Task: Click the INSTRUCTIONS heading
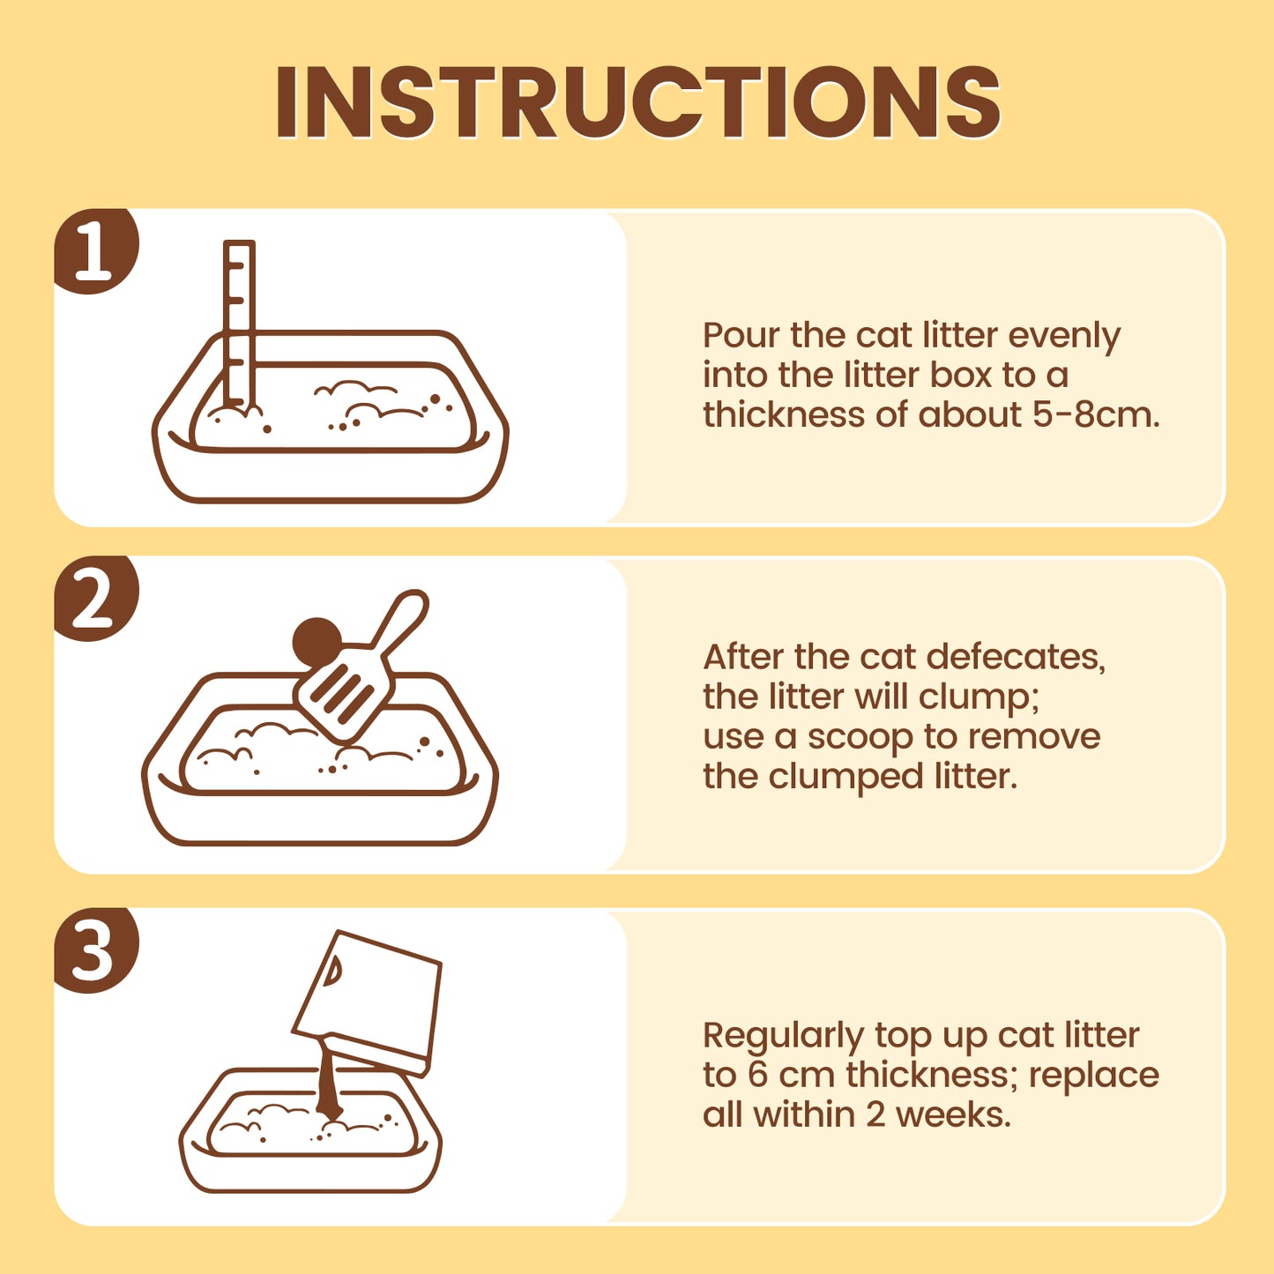(x=637, y=101)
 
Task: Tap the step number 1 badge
(x=95, y=250)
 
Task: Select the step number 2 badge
(x=95, y=599)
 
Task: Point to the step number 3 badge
(x=95, y=950)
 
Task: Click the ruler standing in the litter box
(x=239, y=324)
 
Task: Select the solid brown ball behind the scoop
(x=317, y=641)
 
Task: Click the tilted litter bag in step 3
(x=368, y=1002)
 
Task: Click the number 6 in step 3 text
(x=757, y=1076)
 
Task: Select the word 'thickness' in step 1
(x=784, y=415)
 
